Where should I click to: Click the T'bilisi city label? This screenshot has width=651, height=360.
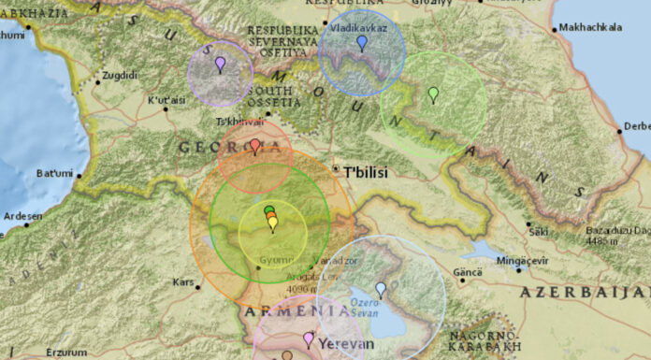(366, 172)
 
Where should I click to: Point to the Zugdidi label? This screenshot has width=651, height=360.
(119, 75)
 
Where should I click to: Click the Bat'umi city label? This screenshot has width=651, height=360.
(53, 173)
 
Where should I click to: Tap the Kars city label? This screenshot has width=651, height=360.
(183, 281)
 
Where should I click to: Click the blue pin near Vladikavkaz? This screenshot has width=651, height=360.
(362, 42)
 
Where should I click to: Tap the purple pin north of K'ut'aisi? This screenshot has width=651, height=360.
(220, 64)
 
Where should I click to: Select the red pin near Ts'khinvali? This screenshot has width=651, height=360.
(255, 145)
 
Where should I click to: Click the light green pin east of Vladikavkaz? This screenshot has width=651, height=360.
(433, 94)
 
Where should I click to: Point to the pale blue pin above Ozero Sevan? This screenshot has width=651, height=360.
(381, 289)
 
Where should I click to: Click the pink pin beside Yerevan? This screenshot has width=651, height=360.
(309, 338)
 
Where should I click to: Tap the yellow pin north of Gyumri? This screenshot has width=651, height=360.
(273, 223)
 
